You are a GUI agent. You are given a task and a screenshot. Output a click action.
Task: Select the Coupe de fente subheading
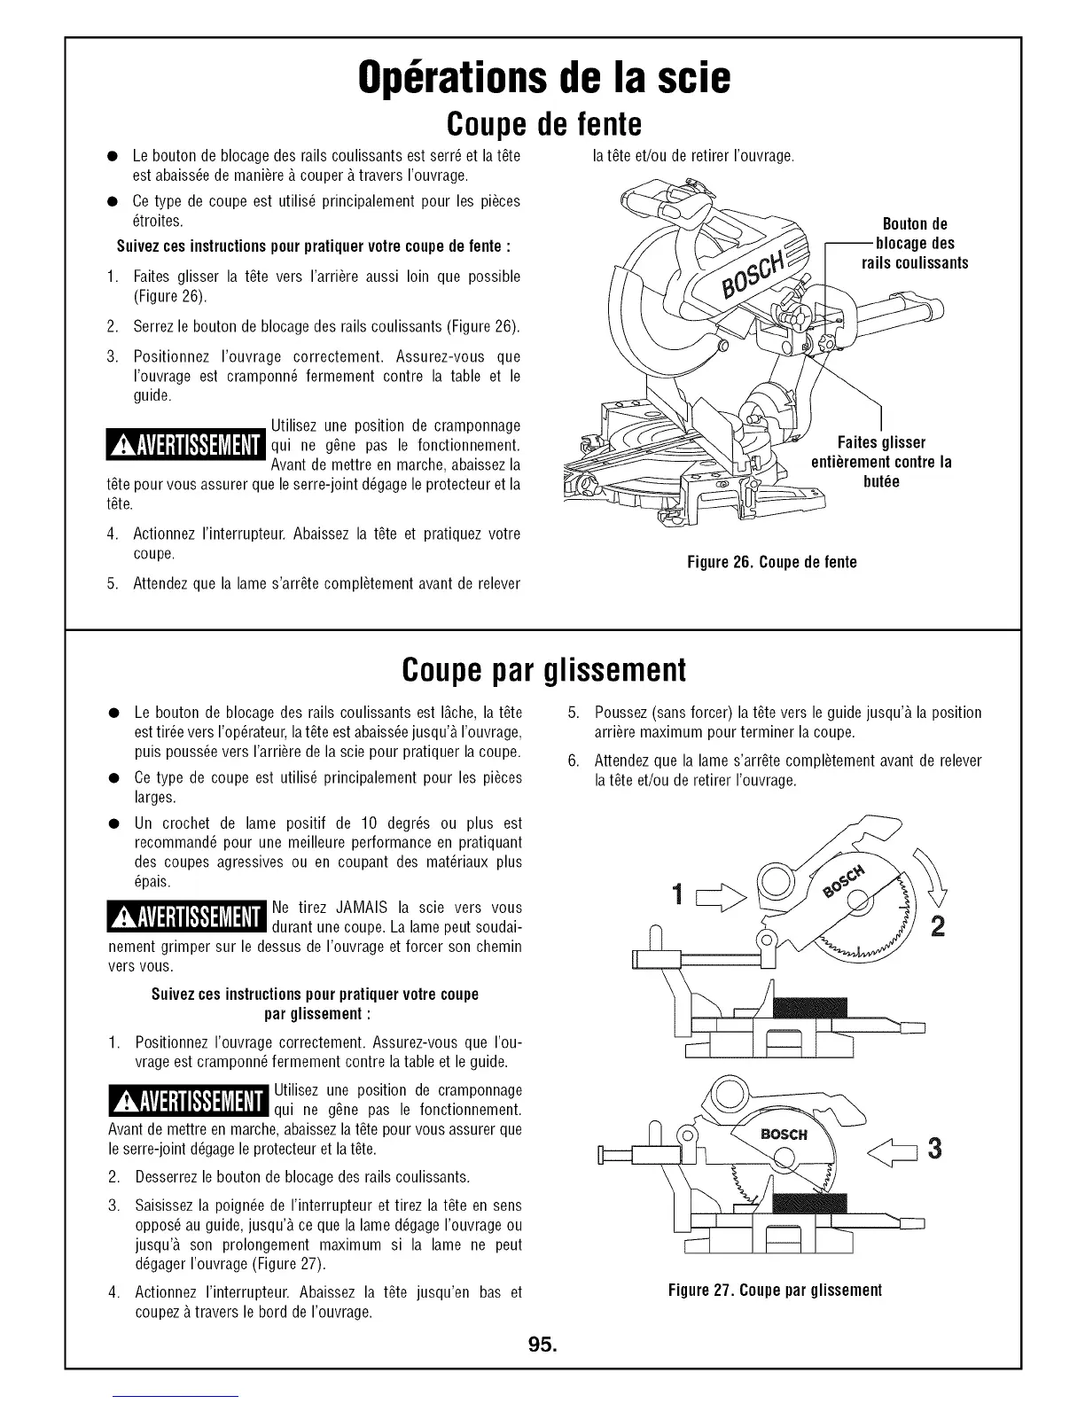point(542,124)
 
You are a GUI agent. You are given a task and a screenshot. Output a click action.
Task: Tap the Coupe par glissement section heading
point(542,670)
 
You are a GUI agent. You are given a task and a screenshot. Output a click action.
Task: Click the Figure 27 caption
point(776,1289)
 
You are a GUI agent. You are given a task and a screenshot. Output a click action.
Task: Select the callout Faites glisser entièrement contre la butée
point(881,462)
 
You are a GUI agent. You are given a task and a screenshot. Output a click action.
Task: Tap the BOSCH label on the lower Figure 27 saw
point(784,1134)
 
